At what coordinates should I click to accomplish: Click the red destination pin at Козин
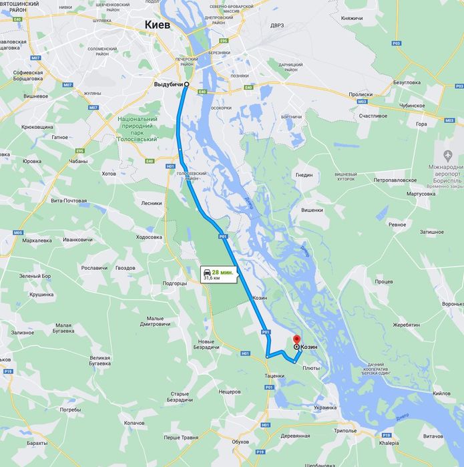coord(296,341)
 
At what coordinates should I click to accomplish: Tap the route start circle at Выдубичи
coord(186,84)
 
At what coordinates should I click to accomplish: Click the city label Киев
coord(158,25)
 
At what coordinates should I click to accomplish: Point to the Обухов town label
coord(240,442)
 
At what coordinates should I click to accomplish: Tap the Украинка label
coord(325,407)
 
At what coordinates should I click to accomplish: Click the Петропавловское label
coord(395,180)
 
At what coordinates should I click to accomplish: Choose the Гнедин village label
coord(304,175)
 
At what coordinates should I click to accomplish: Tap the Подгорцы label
coord(175,283)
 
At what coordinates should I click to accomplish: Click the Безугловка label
coord(407,82)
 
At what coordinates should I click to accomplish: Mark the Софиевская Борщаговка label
coord(28,76)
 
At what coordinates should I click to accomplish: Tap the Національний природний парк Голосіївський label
coord(138,129)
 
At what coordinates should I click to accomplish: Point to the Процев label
coord(383,281)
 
